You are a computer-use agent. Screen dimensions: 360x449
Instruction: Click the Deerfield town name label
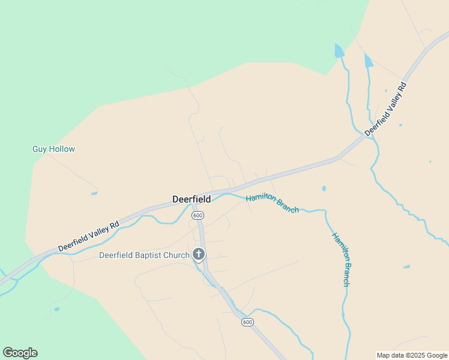click(x=191, y=199)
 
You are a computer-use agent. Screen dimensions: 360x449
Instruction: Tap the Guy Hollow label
click(x=53, y=149)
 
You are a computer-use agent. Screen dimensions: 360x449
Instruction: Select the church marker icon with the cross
click(x=199, y=254)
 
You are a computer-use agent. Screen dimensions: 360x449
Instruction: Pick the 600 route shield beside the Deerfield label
click(x=198, y=215)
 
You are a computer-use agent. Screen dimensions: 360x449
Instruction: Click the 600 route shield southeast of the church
click(x=248, y=322)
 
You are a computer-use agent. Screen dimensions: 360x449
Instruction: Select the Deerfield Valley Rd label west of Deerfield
click(x=89, y=236)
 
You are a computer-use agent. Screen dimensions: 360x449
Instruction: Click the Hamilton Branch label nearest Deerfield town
click(x=272, y=202)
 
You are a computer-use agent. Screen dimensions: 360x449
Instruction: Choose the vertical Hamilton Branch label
click(x=340, y=259)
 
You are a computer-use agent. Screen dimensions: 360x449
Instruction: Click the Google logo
click(x=20, y=353)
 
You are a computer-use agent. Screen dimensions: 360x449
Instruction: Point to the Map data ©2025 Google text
click(x=412, y=355)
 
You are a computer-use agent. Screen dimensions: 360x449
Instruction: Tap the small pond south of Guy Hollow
click(x=94, y=193)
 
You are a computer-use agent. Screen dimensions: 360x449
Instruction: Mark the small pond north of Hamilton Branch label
click(x=324, y=188)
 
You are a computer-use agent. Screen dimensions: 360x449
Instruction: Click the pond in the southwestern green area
click(x=56, y=309)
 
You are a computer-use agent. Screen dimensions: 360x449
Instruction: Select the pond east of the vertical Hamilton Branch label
click(x=406, y=266)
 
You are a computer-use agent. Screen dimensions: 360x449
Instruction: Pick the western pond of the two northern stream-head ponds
click(x=339, y=50)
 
